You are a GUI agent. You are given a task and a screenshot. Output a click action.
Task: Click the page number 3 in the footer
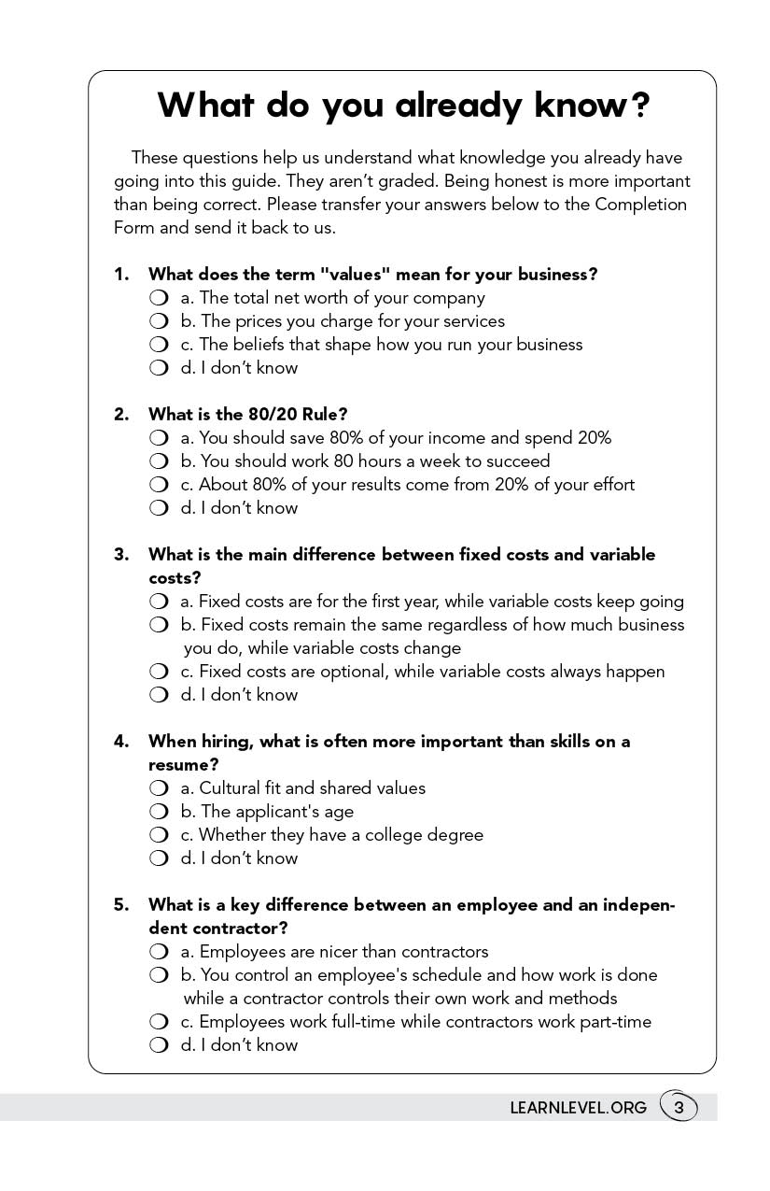point(679,1108)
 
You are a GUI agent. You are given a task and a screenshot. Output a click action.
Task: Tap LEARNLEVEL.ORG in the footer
point(578,1108)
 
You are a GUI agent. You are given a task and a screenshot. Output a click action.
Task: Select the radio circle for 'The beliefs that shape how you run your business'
point(159,345)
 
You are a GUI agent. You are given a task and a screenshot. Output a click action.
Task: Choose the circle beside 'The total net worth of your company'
point(159,298)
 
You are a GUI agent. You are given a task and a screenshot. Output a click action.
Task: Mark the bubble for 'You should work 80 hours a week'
point(159,461)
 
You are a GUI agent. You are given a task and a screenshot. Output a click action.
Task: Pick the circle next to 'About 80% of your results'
point(159,485)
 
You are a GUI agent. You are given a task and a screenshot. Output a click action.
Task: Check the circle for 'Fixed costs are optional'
point(159,672)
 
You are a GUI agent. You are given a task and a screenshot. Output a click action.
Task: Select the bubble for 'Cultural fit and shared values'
point(159,788)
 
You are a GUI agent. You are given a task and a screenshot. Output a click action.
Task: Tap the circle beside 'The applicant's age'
point(159,812)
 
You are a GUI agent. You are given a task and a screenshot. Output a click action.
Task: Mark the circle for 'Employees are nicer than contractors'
point(159,952)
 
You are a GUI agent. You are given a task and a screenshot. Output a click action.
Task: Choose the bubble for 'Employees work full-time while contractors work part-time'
point(159,1022)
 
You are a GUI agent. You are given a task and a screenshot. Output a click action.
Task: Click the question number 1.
point(120,275)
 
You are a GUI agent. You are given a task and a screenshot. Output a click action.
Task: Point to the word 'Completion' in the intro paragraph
point(640,205)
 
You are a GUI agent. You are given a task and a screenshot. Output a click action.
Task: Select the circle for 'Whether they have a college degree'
point(159,835)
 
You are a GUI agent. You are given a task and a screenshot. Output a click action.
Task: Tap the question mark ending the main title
point(639,106)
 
